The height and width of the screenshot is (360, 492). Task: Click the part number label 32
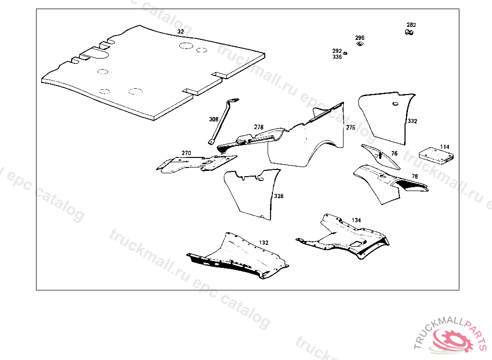[180, 32]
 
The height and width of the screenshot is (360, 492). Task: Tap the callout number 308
[213, 119]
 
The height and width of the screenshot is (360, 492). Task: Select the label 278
[258, 127]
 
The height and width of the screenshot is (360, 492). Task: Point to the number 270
[186, 153]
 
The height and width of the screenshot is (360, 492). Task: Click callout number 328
[279, 196]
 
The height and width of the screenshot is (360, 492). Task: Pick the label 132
[264, 242]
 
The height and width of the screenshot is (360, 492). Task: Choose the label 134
[356, 220]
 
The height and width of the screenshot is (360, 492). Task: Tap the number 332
[412, 121]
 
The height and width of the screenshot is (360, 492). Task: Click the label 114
[444, 146]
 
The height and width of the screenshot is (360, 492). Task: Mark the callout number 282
[411, 25]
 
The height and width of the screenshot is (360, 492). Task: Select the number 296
[360, 38]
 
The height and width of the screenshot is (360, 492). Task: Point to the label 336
[337, 57]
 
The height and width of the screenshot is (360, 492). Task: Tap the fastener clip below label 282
[410, 33]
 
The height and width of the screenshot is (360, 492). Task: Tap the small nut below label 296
[359, 44]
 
